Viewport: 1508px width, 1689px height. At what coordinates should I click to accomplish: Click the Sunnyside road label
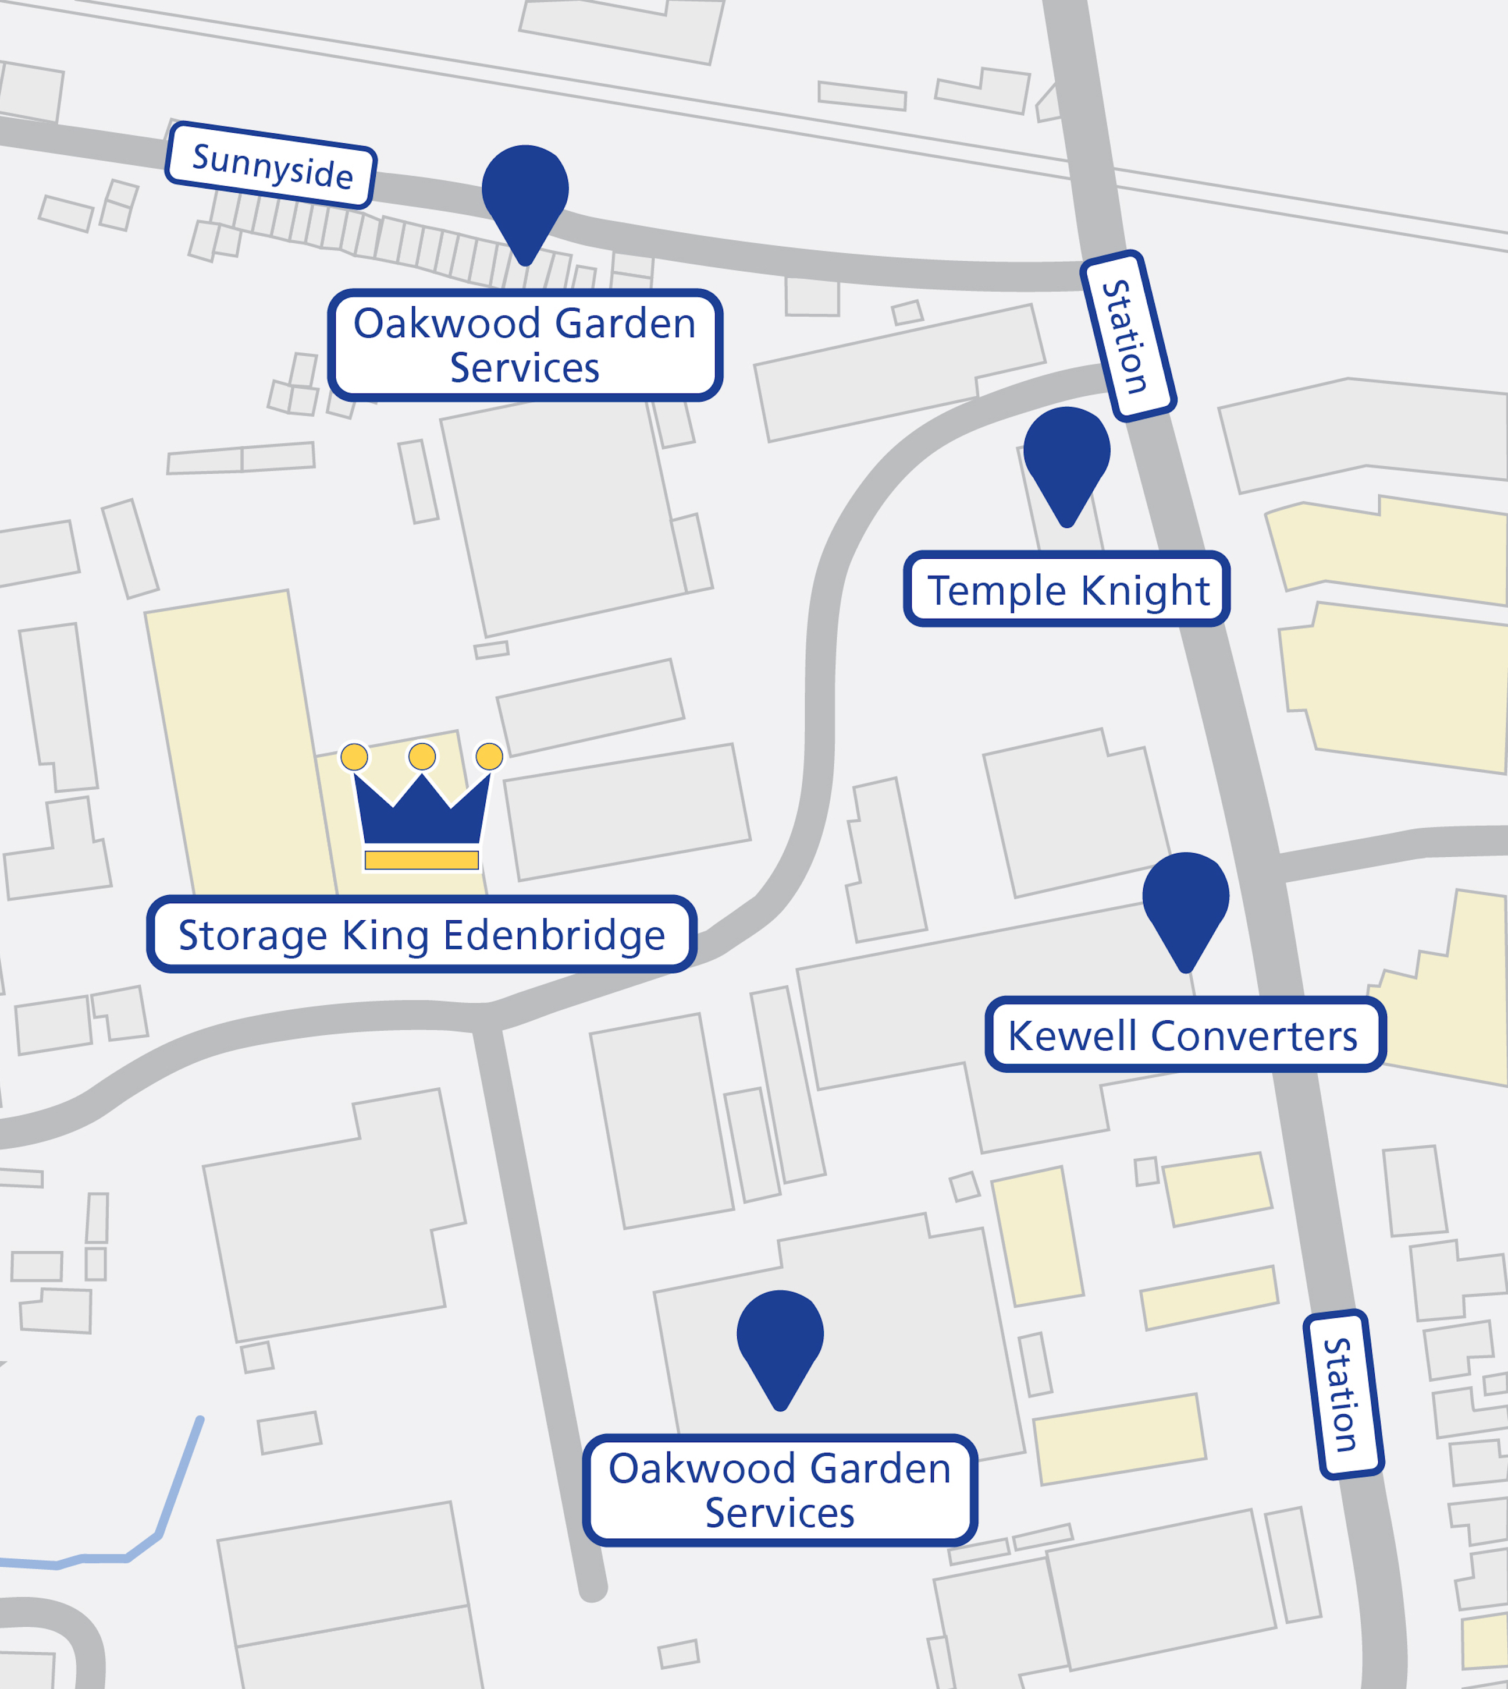[271, 165]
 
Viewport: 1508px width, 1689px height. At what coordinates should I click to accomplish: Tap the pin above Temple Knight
[1066, 456]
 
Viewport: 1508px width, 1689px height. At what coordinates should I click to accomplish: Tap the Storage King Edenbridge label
[422, 935]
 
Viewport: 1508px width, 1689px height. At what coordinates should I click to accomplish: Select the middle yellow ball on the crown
[422, 756]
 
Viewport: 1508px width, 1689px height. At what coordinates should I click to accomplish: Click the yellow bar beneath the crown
[422, 860]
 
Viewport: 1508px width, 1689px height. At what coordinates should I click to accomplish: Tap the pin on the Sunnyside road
[525, 194]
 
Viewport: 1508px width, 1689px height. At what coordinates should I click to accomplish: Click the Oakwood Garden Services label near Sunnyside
[525, 345]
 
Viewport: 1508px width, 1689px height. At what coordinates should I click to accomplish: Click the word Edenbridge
[554, 935]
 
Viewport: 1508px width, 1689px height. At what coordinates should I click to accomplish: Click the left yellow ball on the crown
[355, 757]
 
